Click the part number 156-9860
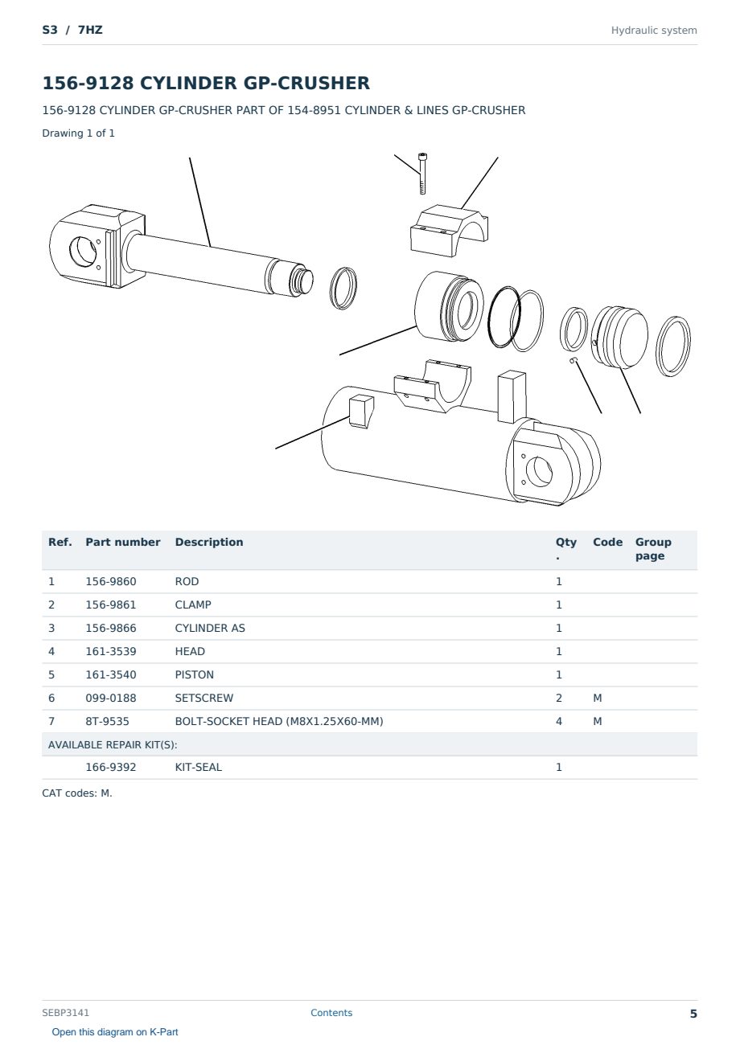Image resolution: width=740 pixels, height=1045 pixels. pyautogui.click(x=111, y=581)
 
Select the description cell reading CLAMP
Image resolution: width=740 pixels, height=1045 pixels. pyautogui.click(x=193, y=604)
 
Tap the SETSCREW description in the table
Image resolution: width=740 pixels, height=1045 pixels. pyautogui.click(x=204, y=698)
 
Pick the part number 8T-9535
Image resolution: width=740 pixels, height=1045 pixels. pyautogui.click(x=107, y=721)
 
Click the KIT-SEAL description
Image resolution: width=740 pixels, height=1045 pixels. pyautogui.click(x=199, y=767)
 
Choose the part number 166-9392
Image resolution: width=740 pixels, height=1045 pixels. pyautogui.click(x=111, y=767)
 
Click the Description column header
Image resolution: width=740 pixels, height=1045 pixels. pyautogui.click(x=209, y=542)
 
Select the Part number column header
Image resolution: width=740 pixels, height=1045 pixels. pyautogui.click(x=123, y=542)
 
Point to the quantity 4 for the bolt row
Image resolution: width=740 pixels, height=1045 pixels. pyautogui.click(x=559, y=721)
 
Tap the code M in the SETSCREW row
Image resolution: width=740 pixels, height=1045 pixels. pyautogui.click(x=597, y=698)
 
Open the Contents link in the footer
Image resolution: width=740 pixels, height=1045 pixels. pyautogui.click(x=331, y=1013)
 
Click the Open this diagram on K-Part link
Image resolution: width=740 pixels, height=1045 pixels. pyautogui.click(x=115, y=1032)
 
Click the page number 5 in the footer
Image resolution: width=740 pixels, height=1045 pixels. pyautogui.click(x=693, y=1014)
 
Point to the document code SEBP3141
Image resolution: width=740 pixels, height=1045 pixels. pyautogui.click(x=65, y=1013)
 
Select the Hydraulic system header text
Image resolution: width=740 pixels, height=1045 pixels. pyautogui.click(x=654, y=31)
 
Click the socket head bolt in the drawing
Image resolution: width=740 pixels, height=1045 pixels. pyautogui.click(x=422, y=174)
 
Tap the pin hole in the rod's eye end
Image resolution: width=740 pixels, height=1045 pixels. pyautogui.click(x=83, y=252)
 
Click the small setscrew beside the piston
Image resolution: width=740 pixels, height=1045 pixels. pyautogui.click(x=573, y=359)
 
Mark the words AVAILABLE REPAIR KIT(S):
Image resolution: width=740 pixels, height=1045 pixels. pyautogui.click(x=113, y=744)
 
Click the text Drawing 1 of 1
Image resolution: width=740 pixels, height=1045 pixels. pyautogui.click(x=79, y=133)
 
